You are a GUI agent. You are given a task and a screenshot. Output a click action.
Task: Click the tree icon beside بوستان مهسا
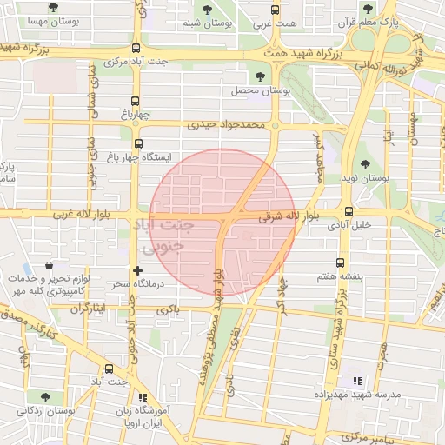[54, 7]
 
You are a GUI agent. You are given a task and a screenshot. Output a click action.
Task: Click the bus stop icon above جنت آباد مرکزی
[136, 49]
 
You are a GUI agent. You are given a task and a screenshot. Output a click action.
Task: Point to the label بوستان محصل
[252, 90]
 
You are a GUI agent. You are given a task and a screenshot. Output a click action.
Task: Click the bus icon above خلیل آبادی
[349, 211]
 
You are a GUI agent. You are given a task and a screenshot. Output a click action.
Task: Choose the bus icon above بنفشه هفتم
[339, 262]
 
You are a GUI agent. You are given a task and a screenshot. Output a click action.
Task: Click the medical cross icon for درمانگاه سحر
[136, 270]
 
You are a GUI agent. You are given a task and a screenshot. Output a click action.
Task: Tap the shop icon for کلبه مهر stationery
[47, 264]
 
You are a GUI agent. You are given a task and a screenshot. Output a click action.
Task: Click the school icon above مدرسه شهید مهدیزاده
[355, 381]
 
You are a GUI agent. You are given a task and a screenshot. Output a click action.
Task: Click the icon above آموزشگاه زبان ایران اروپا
[143, 398]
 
